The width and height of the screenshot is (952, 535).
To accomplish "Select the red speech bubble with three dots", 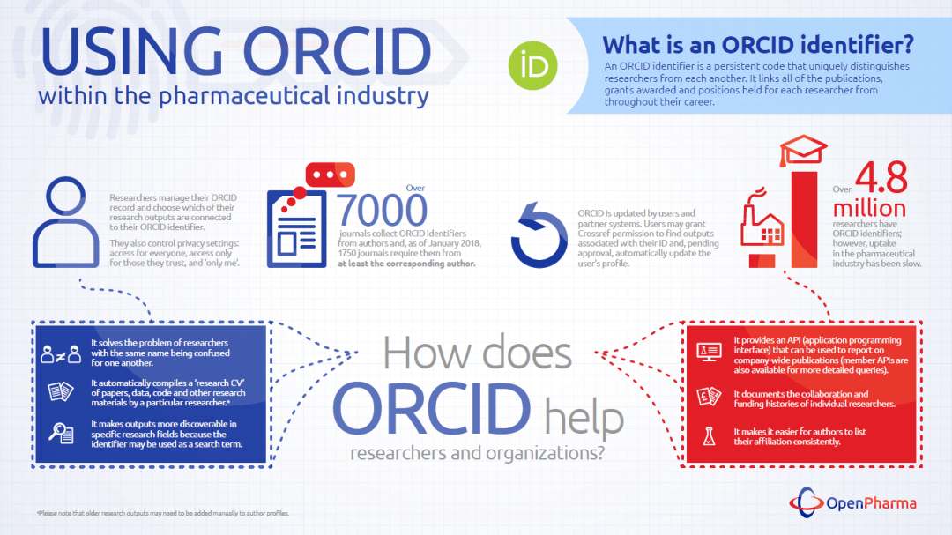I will pyautogui.click(x=330, y=176).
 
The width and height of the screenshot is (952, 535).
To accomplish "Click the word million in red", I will pyautogui.click(x=870, y=208).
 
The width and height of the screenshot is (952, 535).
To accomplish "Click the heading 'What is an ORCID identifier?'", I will pyautogui.click(x=757, y=44).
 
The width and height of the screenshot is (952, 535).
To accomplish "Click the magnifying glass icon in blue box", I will pyautogui.click(x=61, y=433).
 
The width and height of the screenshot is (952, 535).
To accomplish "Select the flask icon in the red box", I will pyautogui.click(x=709, y=435).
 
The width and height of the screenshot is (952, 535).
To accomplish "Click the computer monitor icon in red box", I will pyautogui.click(x=709, y=351).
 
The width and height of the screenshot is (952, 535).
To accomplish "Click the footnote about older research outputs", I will pyautogui.click(x=163, y=513).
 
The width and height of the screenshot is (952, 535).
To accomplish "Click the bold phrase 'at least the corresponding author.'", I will pyautogui.click(x=406, y=264).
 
